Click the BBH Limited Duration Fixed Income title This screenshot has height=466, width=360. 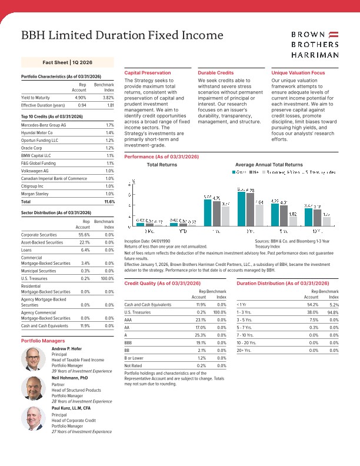[118, 36]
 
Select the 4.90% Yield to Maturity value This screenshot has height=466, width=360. [81, 97]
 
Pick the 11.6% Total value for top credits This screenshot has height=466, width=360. [109, 201]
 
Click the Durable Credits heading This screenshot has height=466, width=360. [216, 72]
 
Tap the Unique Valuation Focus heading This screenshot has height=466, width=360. [298, 72]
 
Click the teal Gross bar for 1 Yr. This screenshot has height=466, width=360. [208, 213]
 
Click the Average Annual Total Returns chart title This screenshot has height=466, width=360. [268, 165]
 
